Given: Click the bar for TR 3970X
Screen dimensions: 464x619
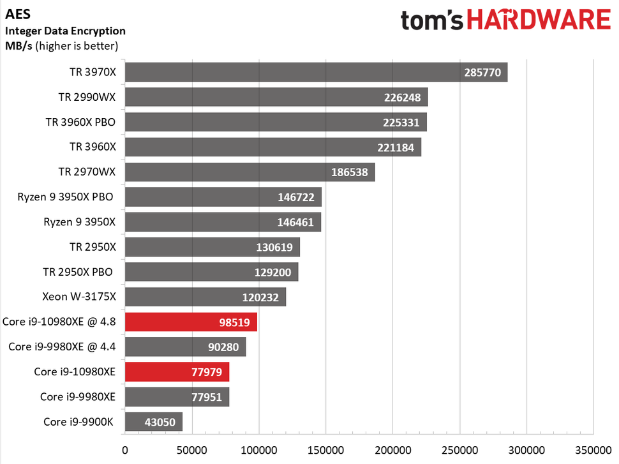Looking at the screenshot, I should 316,72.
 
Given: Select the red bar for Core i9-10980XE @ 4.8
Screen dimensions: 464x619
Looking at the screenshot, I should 191,322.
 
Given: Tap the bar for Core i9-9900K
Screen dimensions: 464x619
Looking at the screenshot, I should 153,421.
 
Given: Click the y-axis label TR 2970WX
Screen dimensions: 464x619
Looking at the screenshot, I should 87,172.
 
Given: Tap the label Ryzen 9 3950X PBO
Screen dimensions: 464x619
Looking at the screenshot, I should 66,197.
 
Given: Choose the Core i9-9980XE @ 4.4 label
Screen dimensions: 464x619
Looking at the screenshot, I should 62,347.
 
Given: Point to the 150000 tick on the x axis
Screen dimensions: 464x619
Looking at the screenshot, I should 325,450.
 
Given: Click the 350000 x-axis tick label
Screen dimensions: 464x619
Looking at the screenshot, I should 593,450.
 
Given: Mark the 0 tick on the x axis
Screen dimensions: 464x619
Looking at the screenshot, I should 125,450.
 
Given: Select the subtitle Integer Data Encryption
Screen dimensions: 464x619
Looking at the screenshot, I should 65,31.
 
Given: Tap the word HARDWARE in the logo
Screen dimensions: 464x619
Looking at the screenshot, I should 539,20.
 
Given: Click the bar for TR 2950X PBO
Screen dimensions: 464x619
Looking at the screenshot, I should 211,272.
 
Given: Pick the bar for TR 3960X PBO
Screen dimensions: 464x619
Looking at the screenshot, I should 276,123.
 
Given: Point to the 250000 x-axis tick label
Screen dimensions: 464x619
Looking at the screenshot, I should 459,450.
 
